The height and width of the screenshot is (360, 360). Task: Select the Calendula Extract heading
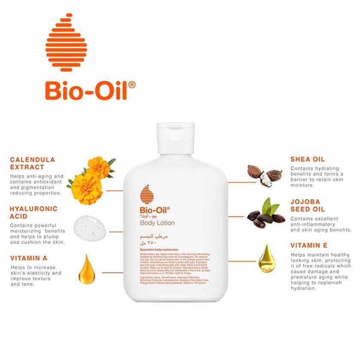click(x=33, y=163)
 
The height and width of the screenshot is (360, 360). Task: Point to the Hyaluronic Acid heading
click(x=33, y=212)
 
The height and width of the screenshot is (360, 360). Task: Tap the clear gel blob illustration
click(x=90, y=227)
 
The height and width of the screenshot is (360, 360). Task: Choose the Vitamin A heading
click(x=29, y=258)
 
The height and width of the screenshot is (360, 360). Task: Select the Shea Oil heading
click(x=308, y=159)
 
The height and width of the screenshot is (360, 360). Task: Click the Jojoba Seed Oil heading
click(x=308, y=205)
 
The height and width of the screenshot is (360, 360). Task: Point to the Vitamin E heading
click(x=309, y=246)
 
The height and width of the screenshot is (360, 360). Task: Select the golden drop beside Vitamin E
click(x=266, y=259)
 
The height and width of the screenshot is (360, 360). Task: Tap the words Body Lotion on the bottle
click(x=157, y=223)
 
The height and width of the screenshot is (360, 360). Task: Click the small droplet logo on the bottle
click(x=147, y=195)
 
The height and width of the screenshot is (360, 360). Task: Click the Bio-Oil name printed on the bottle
click(x=155, y=210)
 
